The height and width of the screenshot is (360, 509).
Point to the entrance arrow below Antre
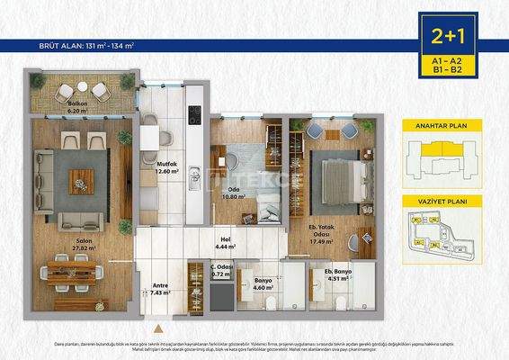158,328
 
